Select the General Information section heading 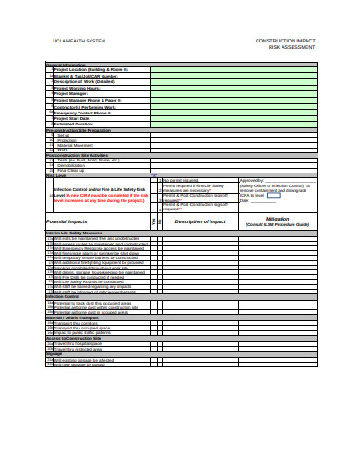66,65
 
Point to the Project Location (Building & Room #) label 91,69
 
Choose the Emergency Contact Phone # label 89,112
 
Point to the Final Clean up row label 75,171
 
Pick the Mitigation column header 277,220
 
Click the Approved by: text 252,180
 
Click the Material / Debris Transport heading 79,318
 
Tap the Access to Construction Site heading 79,338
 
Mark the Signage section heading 54,353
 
